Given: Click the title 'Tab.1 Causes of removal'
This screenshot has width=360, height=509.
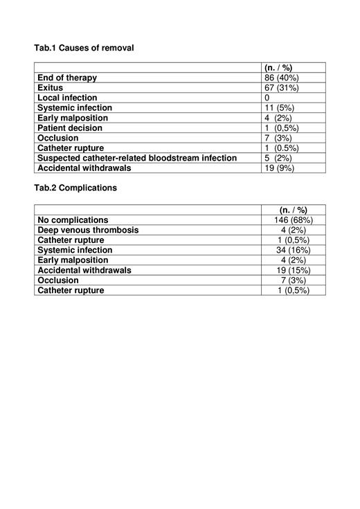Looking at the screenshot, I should point(84,48).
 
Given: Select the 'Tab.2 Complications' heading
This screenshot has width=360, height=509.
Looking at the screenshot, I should point(75,188).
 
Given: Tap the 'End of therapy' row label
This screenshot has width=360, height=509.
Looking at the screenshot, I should point(67,78).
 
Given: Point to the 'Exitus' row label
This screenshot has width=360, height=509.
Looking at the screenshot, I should point(51,88).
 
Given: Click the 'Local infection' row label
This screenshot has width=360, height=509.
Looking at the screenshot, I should point(67,98).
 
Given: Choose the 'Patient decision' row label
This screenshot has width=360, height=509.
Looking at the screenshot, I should point(69,128).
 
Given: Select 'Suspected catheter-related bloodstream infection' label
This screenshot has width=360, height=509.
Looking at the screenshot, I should point(137,158).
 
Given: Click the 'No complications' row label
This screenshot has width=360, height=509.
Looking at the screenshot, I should point(73,220).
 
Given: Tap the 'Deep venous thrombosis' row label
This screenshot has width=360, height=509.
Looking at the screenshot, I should point(88,230).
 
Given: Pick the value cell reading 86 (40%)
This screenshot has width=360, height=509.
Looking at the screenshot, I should point(282,78).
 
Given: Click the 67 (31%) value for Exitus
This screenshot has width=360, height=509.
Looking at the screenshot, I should point(282,88).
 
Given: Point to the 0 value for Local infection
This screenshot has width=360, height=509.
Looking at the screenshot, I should point(267,98).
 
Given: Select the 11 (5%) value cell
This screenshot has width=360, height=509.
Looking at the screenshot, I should point(280,108).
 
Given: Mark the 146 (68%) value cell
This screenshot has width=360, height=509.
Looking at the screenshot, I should point(294,220).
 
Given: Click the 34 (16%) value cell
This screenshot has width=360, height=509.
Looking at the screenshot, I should point(294,250).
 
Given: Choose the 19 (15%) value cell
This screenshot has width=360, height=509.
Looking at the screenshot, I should point(294,270).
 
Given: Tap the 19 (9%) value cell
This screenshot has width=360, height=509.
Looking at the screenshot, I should point(280,168).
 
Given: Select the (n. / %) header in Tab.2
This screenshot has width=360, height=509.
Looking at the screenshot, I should point(294,210).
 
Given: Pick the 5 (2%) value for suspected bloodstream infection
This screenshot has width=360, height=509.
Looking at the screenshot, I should point(278,158).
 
